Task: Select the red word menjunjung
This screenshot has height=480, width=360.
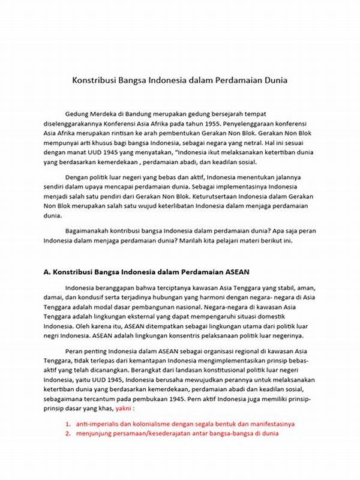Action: pyautogui.click(x=98, y=434)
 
